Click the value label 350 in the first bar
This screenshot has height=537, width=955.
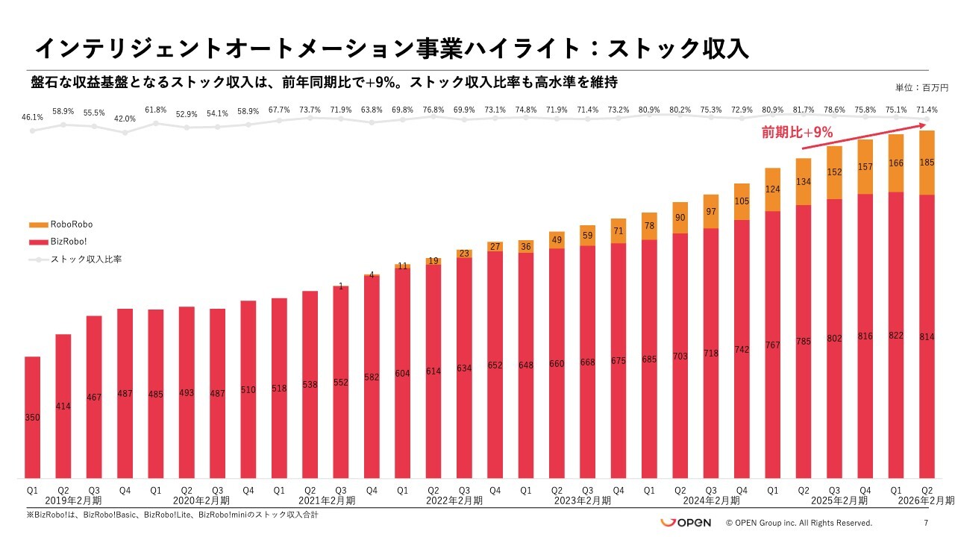pyautogui.click(x=32, y=418)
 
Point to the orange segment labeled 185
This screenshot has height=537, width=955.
pyautogui.click(x=927, y=163)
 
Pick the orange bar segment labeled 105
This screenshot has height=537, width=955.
pyautogui.click(x=742, y=201)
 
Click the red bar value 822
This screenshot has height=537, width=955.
pyautogui.click(x=896, y=336)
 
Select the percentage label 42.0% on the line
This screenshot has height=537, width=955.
pyautogui.click(x=125, y=119)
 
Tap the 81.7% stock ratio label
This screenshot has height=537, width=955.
pyautogui.click(x=804, y=110)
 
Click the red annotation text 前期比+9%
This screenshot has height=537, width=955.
pyautogui.click(x=797, y=133)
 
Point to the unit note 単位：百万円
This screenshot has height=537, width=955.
pyautogui.click(x=921, y=88)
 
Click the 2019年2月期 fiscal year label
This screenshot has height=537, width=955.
pyautogui.click(x=72, y=500)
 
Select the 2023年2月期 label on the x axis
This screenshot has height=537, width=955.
pyautogui.click(x=583, y=500)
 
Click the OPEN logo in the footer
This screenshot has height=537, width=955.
pyautogui.click(x=685, y=522)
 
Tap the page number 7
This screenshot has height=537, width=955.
pyautogui.click(x=926, y=523)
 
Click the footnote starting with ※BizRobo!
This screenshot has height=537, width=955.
pyautogui.click(x=162, y=515)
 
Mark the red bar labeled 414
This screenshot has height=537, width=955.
pyautogui.click(x=63, y=406)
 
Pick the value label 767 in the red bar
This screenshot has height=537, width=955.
pyautogui.click(x=773, y=345)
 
